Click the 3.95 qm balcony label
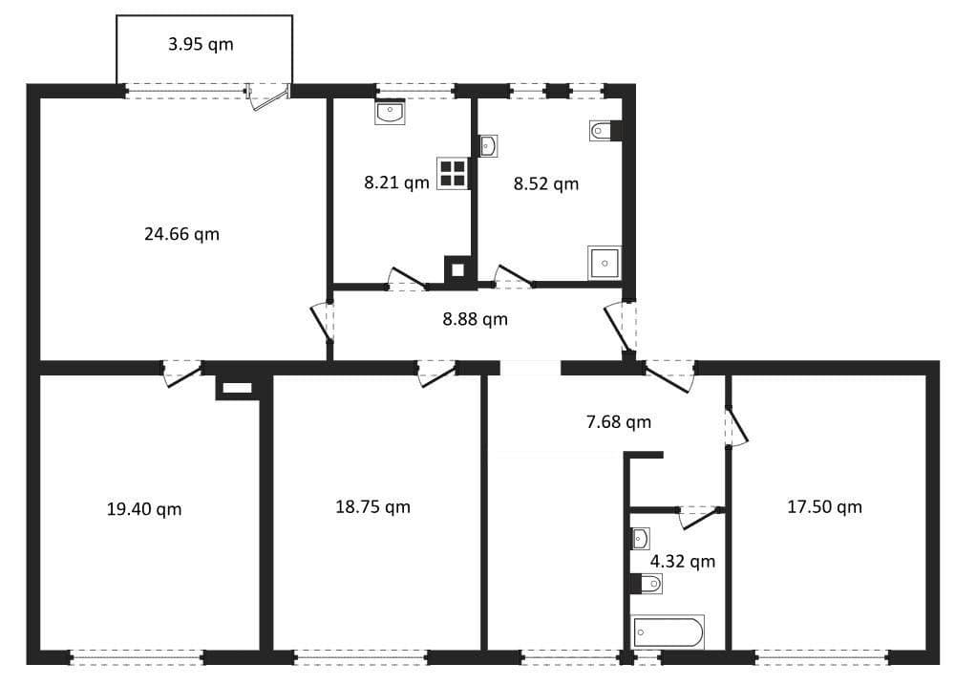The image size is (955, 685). [x=201, y=44]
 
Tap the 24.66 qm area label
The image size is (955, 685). [x=181, y=233]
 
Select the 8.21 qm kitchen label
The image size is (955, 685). [x=396, y=182]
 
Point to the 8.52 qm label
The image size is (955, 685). [x=546, y=183]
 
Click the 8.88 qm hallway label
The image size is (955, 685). [x=475, y=319]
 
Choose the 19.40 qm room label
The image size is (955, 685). [x=144, y=509]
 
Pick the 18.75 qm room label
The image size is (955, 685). [x=372, y=506]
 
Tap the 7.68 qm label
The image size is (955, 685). [x=619, y=421]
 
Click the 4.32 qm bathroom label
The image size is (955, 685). [x=682, y=561]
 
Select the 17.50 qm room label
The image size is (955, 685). [x=824, y=506]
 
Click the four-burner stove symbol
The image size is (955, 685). [x=453, y=173]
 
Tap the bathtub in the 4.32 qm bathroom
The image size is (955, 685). [x=668, y=631]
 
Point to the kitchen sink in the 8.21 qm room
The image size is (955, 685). [x=391, y=113]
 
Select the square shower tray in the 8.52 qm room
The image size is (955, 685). [x=605, y=262]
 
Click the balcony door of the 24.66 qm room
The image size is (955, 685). [x=267, y=95]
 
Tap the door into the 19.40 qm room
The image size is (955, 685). [x=181, y=373]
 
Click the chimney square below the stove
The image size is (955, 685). [x=458, y=269]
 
